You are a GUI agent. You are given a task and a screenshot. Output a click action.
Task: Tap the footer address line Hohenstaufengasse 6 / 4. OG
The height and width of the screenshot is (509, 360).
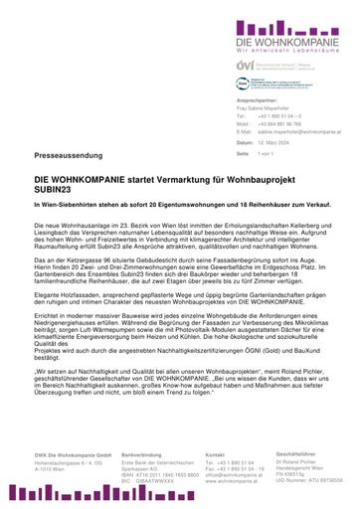tap(69, 463)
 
